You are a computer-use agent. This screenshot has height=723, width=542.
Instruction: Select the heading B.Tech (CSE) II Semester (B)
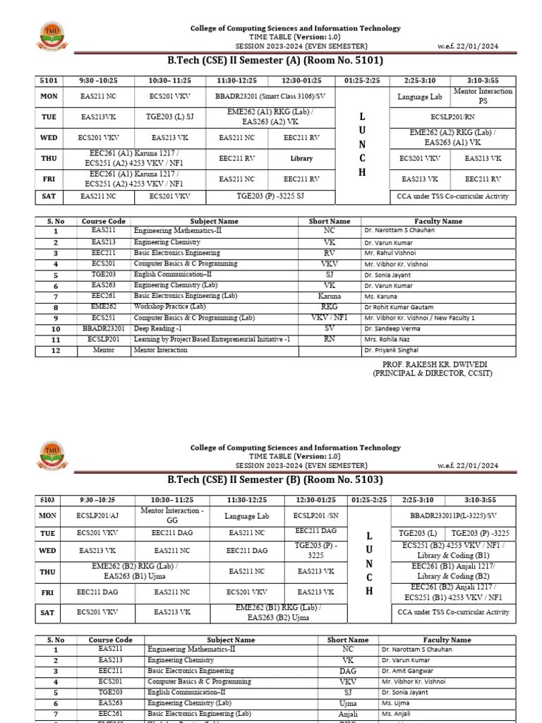click(x=275, y=480)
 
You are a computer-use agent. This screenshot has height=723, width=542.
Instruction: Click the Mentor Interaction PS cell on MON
click(x=493, y=96)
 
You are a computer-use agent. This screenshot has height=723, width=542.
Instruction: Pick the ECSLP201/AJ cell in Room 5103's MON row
click(x=102, y=516)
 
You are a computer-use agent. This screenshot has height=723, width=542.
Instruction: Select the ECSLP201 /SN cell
click(x=315, y=516)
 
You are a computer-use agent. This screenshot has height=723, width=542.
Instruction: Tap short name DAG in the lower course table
click(x=348, y=671)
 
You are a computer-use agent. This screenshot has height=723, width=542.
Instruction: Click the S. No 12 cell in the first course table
click(x=55, y=349)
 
